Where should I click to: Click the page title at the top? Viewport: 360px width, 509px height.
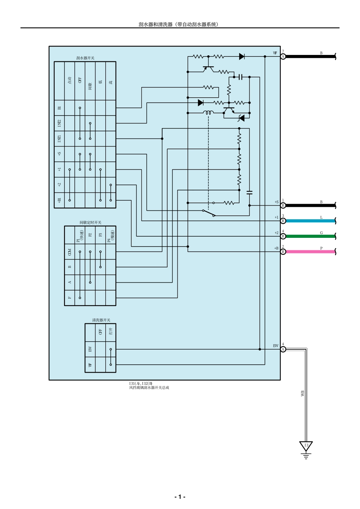coord(178,24)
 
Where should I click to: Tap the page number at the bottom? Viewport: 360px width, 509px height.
coord(180,497)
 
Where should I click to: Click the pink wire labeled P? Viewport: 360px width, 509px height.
coord(311,251)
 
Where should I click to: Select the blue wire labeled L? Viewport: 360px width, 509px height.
coord(311,221)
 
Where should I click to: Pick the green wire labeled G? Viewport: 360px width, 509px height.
coord(311,236)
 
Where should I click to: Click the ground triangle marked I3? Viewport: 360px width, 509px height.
coord(306,446)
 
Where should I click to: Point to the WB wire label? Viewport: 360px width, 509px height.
coord(302,393)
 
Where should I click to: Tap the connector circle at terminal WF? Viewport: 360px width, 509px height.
coord(283,56)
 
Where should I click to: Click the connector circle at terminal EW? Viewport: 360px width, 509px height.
coord(283,349)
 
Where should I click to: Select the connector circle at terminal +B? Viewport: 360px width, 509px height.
coord(283,251)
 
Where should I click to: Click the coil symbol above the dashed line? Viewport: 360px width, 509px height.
coord(208,112)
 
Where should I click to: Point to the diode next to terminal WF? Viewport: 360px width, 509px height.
coord(241,56)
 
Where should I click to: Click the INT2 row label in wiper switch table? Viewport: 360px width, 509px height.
coord(59,123)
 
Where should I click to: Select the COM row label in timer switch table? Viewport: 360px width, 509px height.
coord(70,251)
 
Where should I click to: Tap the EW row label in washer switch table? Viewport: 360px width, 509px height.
coord(90,349)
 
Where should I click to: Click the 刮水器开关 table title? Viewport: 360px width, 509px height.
coord(85,58)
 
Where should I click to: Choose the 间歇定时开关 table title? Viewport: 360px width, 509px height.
coord(91,222)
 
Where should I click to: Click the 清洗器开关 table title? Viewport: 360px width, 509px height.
coord(100,320)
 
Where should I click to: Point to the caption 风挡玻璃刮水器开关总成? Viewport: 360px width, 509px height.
coord(149,387)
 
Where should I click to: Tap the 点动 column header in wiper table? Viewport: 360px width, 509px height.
coord(70,80)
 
